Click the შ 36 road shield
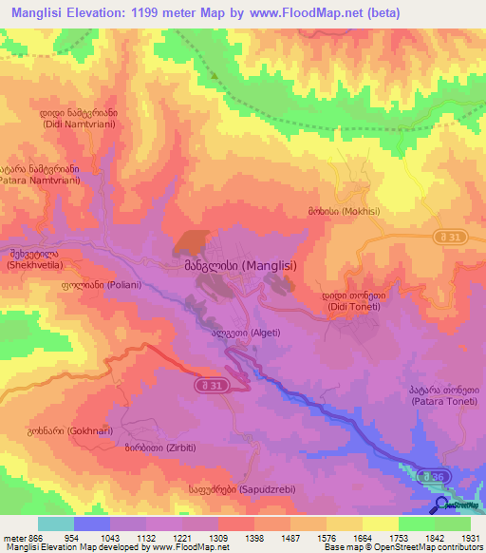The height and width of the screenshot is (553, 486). pyautogui.click(x=435, y=475)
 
